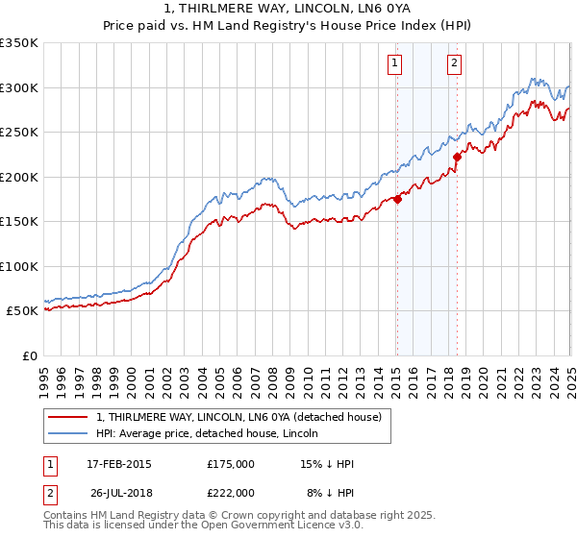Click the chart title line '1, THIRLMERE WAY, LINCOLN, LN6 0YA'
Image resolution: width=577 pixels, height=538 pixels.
click(x=288, y=9)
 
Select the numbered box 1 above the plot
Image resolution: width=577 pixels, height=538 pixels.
click(x=396, y=64)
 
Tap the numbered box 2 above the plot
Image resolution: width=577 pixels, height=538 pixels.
click(x=454, y=64)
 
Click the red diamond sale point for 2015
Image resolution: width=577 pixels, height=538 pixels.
click(x=397, y=200)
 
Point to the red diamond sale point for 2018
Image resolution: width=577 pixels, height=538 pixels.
click(x=457, y=158)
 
